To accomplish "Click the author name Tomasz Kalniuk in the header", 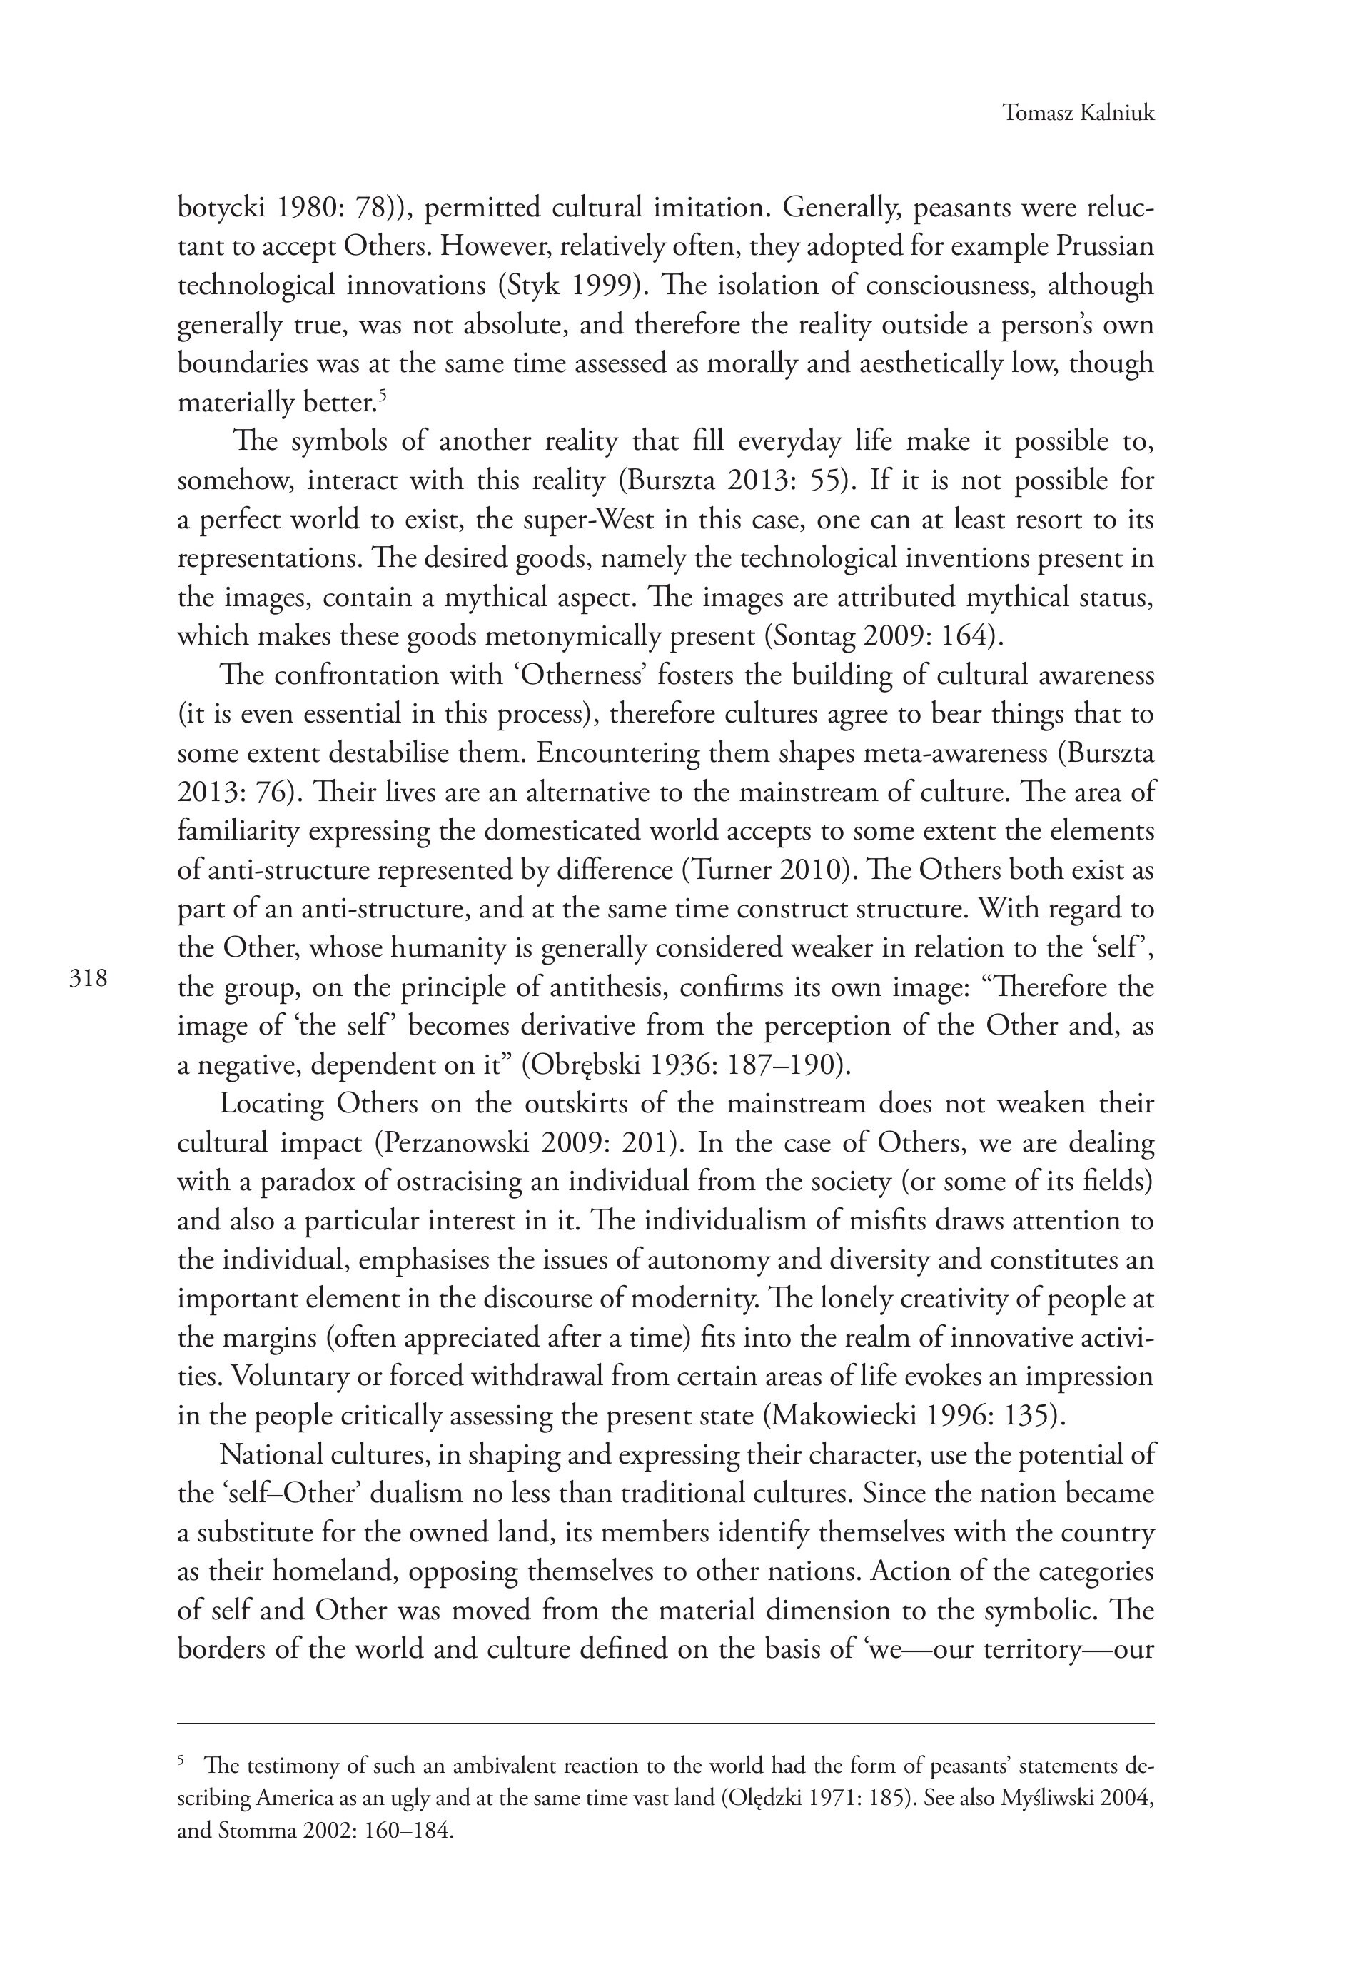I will [1078, 113].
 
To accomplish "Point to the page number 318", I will [89, 977].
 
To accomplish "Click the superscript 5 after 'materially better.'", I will [384, 394].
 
